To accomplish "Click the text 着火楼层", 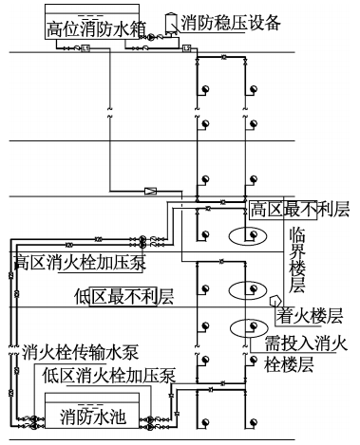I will coord(309,312).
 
